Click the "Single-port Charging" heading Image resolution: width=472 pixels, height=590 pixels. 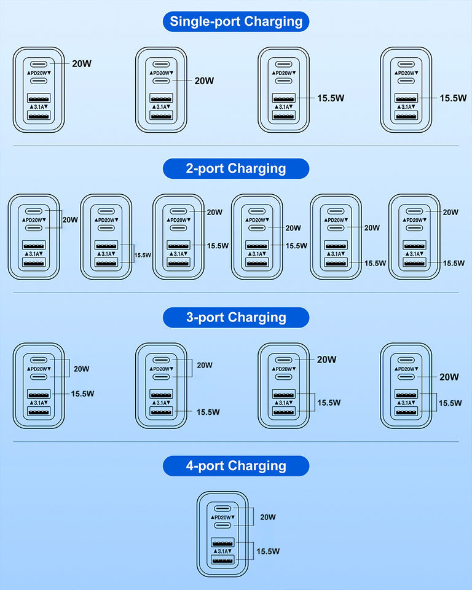[236, 22]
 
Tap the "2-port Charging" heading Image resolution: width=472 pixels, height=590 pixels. [236, 168]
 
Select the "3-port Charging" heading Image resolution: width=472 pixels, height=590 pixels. [236, 317]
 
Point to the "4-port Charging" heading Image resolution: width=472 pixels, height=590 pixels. [236, 466]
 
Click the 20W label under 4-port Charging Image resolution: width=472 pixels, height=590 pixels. [268, 517]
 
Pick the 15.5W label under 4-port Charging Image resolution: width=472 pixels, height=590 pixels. [268, 551]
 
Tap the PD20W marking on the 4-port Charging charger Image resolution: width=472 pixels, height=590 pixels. [222, 517]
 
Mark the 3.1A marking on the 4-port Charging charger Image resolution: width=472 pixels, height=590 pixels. [222, 551]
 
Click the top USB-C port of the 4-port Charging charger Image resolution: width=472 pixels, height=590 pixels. [222, 508]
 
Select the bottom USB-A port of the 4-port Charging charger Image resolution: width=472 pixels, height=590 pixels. [222, 560]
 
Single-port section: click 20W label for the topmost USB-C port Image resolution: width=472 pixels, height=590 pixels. [82, 63]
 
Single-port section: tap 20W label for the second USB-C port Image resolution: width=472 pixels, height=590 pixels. [205, 81]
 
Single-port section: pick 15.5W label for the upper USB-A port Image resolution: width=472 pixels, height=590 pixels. [331, 98]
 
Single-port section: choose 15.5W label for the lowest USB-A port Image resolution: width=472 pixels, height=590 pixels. [453, 98]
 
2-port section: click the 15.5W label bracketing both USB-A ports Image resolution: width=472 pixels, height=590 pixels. [143, 255]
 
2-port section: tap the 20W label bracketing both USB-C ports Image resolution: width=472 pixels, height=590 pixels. [70, 220]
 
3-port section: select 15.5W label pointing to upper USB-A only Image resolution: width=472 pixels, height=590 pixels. [82, 393]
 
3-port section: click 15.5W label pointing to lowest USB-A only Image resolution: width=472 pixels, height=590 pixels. [208, 412]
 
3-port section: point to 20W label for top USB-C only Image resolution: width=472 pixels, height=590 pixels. [327, 360]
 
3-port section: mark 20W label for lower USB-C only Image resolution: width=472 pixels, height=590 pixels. [449, 377]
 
